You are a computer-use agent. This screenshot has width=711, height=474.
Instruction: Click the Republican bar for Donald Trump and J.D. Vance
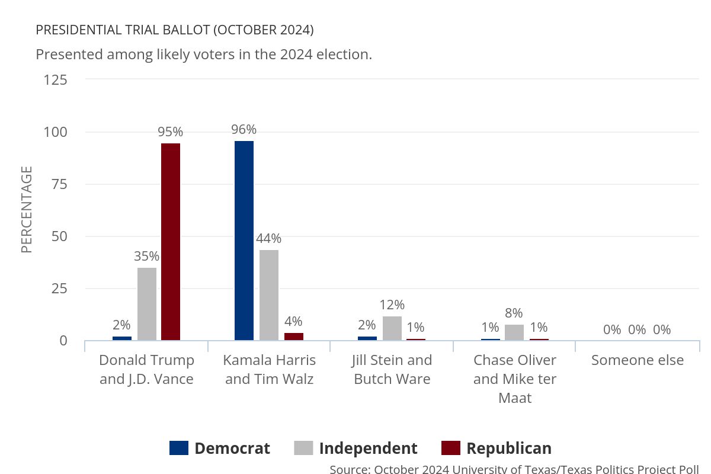pos(171,242)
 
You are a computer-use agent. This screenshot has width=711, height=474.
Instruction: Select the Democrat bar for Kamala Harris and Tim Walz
pos(244,241)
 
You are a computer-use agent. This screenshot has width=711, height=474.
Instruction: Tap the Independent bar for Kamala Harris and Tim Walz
pos(269,295)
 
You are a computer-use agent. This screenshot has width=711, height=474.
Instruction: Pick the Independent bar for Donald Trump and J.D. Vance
pos(147,304)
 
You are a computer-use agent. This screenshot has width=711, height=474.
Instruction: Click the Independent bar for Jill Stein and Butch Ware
pos(392,328)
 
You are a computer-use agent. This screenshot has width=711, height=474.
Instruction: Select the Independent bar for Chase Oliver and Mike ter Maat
pos(514,332)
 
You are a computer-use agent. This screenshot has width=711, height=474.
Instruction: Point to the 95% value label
pos(170,132)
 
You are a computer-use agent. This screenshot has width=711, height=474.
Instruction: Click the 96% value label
pos(244,130)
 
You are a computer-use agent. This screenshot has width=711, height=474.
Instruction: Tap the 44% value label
pos(269,239)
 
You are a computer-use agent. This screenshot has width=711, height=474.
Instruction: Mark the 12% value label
pos(392,305)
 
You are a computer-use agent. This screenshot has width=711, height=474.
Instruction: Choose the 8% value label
pos(514,313)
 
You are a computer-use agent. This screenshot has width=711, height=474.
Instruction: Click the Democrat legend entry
pos(220,448)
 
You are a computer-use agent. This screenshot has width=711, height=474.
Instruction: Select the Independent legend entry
pos(355,448)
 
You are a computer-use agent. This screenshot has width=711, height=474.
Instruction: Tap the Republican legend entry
pos(497,448)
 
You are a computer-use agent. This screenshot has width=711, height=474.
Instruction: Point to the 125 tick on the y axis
pos(56,79)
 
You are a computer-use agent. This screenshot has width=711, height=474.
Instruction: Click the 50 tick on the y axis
pos(60,236)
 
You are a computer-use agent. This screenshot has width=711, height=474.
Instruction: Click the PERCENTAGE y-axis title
pos(27,210)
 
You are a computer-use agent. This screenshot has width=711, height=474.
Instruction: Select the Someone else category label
pos(638,360)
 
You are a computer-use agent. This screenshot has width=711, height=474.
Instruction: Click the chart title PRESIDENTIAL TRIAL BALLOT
pos(175,30)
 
